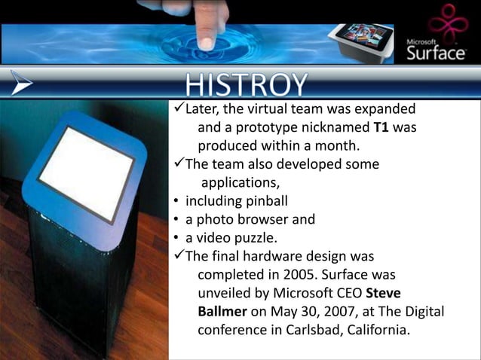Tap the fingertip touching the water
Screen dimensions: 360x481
(205, 41)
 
